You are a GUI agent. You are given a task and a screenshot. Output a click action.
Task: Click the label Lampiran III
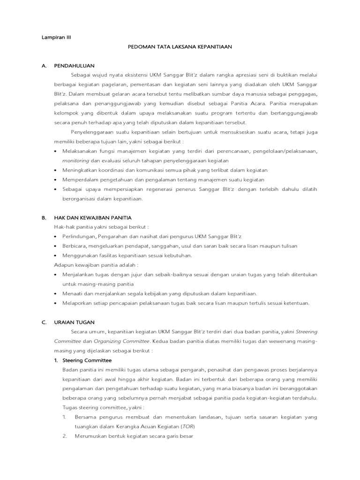[56, 37]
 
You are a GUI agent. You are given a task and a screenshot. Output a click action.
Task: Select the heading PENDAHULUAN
[75, 66]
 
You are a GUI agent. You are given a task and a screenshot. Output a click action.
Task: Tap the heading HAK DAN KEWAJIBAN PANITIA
[93, 217]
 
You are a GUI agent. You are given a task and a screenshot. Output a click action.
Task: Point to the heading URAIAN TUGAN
[75, 322]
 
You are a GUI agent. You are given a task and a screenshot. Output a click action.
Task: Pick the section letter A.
[44, 66]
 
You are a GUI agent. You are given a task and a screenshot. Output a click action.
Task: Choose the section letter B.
[44, 217]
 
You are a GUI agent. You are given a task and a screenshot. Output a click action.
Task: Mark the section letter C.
[44, 322]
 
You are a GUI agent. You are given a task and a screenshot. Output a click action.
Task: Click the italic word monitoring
[75, 160]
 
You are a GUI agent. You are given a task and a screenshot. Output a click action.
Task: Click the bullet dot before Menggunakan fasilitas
[56, 255]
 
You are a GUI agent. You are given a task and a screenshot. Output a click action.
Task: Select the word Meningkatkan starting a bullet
[81, 170]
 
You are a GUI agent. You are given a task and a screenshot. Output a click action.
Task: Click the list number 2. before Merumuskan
[65, 436]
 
